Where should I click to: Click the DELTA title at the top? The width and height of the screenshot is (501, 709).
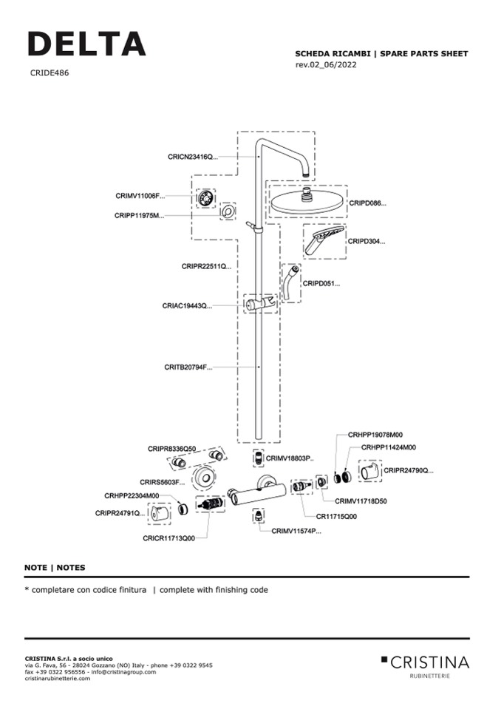[86, 44]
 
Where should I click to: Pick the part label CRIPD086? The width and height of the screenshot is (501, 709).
[367, 203]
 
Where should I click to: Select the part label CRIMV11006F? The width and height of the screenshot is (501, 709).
[140, 196]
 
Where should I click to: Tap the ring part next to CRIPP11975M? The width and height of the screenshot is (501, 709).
[229, 213]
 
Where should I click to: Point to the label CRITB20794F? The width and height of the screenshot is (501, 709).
[188, 367]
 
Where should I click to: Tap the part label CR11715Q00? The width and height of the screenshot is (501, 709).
[336, 517]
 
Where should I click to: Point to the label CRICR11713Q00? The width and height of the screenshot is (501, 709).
[169, 539]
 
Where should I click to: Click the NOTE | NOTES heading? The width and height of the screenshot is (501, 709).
[55, 568]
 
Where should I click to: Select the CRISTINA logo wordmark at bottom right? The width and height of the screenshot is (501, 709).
[429, 661]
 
